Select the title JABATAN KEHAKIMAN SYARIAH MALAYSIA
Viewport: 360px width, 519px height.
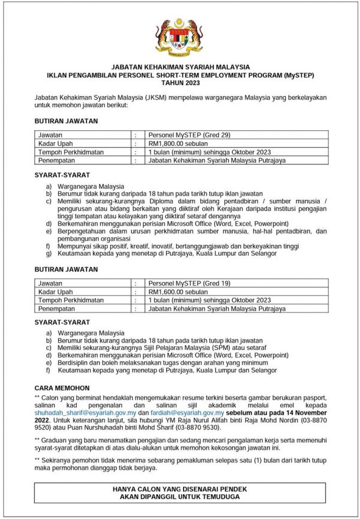[x=180, y=67]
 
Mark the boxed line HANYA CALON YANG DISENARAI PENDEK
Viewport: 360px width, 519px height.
[x=180, y=490]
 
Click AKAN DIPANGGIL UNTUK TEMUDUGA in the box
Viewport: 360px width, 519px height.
[x=180, y=497]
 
